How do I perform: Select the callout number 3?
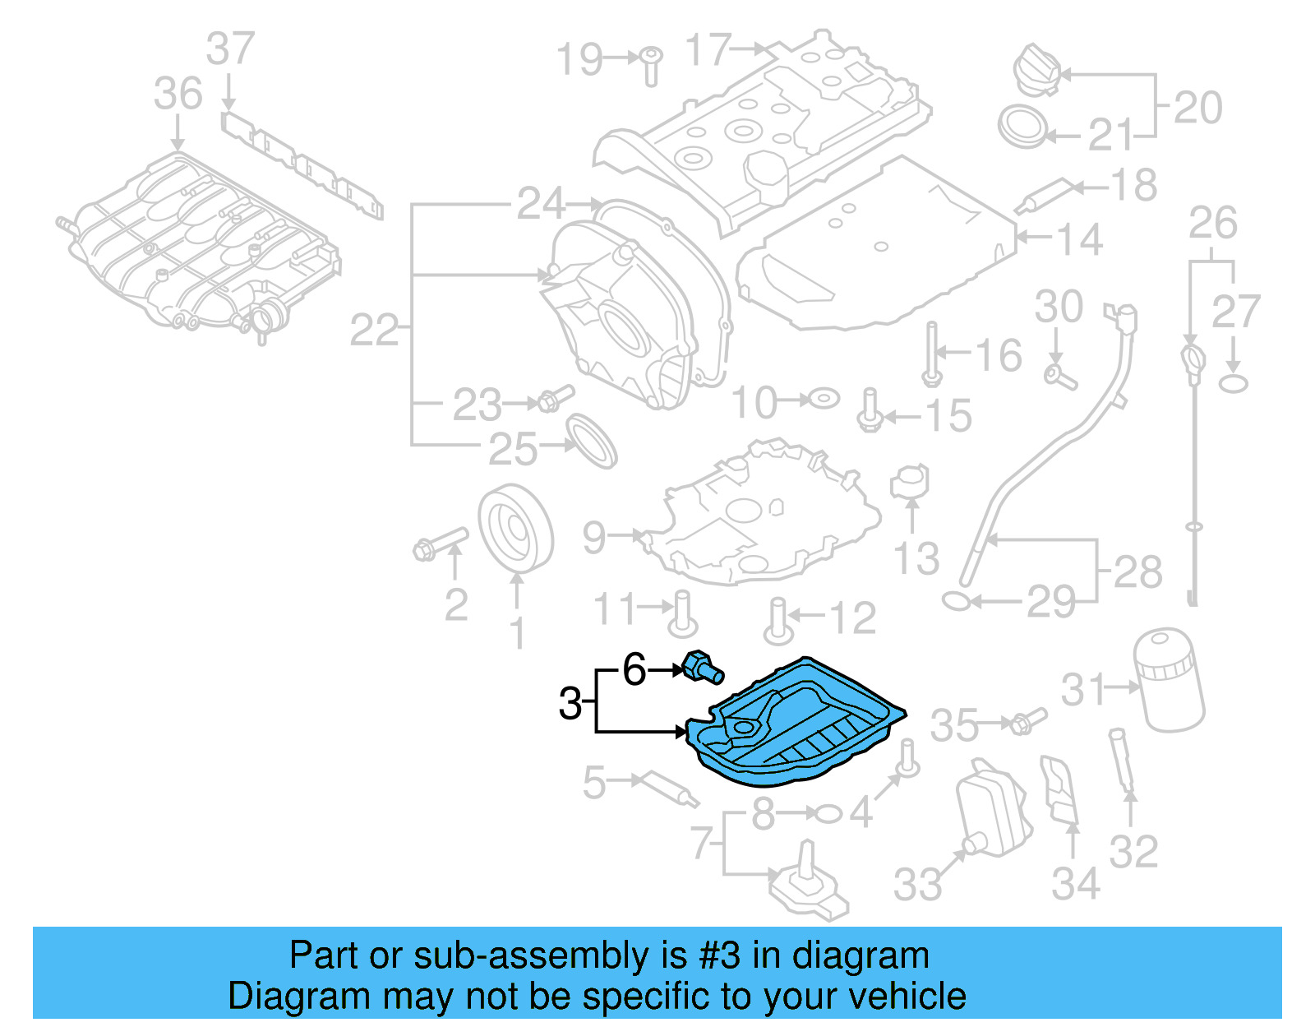(x=570, y=704)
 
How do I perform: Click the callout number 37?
(x=230, y=49)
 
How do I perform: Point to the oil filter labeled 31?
(x=1168, y=680)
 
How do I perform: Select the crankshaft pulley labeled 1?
(x=515, y=529)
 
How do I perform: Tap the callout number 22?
(x=375, y=331)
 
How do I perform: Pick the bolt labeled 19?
(x=651, y=65)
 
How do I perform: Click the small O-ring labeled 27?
(x=1233, y=383)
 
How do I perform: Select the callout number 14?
(x=1078, y=239)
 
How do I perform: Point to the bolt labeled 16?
(x=931, y=353)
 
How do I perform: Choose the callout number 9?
(x=594, y=537)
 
